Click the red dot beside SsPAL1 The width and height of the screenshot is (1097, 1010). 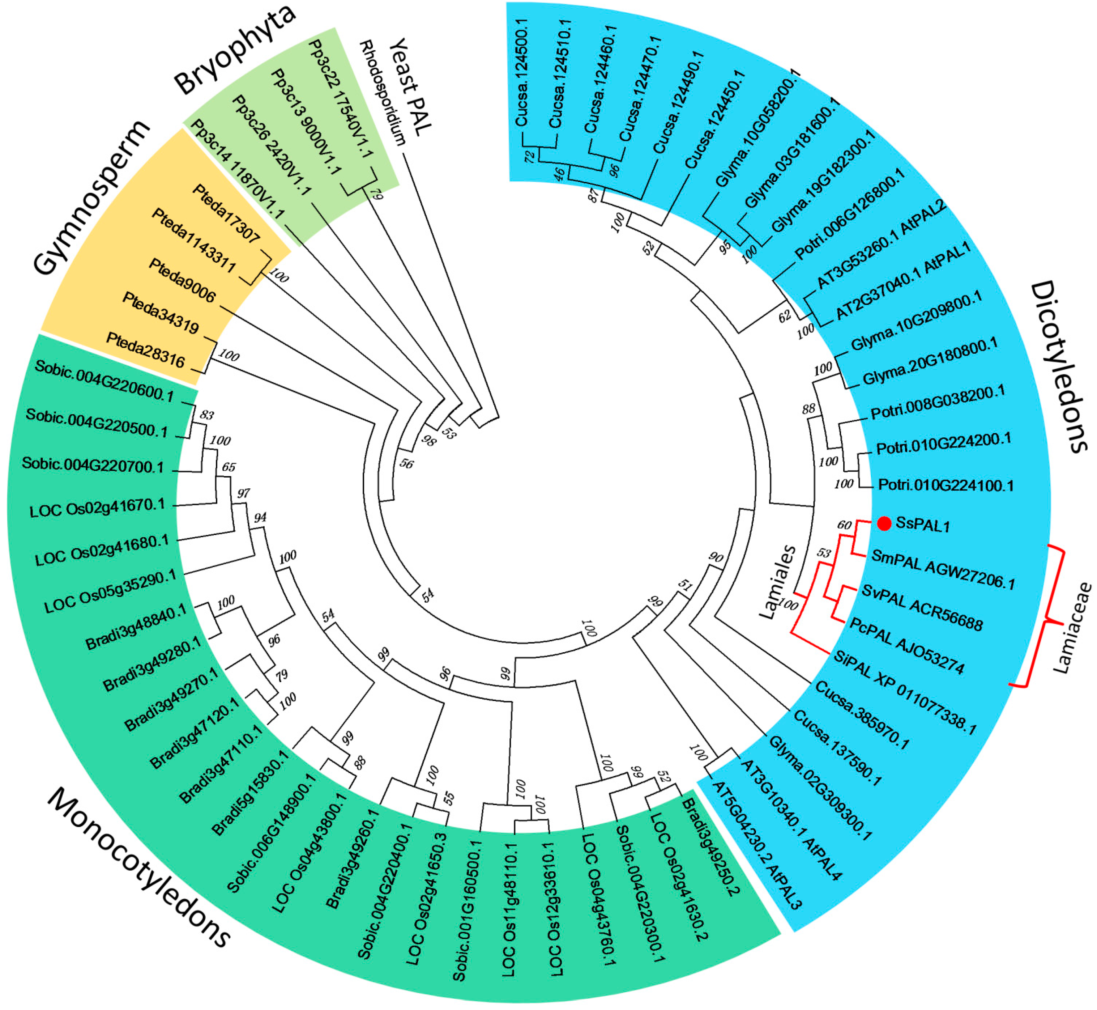884,523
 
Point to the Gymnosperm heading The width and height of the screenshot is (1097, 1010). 90,197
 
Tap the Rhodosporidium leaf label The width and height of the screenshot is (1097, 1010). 383,93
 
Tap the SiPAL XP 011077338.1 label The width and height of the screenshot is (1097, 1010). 905,693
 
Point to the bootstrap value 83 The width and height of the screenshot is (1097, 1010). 206,415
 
